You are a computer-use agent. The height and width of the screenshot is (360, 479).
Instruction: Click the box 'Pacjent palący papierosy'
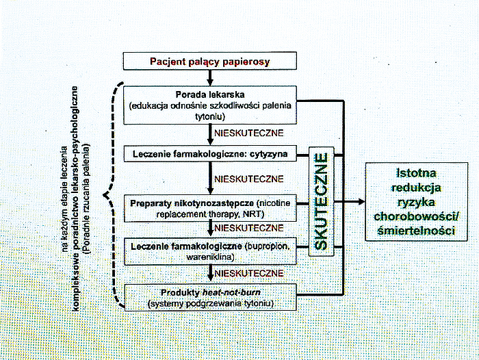tap(211, 62)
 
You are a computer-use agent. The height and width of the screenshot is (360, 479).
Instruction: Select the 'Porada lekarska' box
tap(211, 104)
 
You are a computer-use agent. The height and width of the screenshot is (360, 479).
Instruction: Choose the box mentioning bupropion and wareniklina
tap(211, 250)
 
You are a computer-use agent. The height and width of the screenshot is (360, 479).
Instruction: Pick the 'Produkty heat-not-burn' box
tap(211, 297)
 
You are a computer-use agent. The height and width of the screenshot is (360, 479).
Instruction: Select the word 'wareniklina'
tap(211, 256)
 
